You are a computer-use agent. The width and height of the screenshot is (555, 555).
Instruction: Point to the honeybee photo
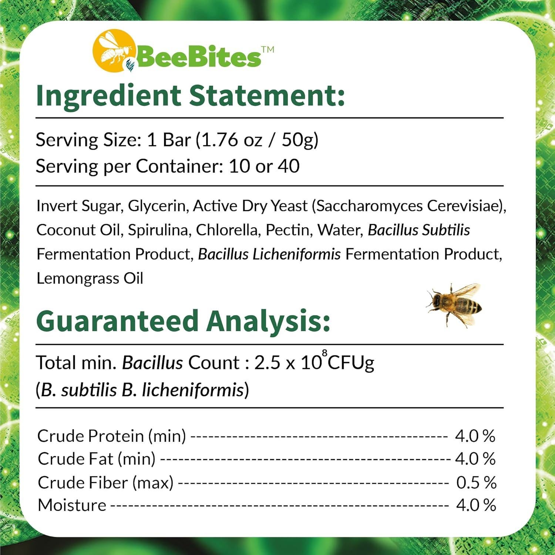pos(454,305)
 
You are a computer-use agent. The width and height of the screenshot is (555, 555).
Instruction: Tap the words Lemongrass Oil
pos(90,278)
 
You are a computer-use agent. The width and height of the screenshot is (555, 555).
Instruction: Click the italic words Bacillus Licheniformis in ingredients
pos(269,254)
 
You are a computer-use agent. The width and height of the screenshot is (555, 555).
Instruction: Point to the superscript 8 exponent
pos(324,353)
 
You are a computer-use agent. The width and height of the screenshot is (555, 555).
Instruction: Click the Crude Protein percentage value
pos(475,436)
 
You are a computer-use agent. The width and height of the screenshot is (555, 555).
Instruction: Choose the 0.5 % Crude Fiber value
pos(476,482)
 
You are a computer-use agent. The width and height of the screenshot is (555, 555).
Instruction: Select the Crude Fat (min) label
pos(97,459)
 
